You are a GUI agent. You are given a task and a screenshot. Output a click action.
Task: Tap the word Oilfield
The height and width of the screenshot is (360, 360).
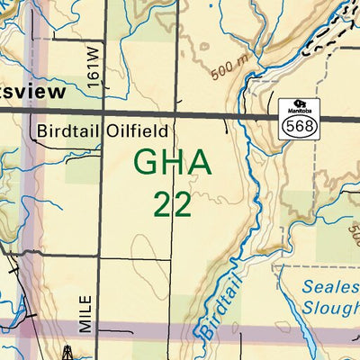pos(135,130)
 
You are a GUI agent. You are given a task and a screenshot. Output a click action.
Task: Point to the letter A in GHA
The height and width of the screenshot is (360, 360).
pos(199,163)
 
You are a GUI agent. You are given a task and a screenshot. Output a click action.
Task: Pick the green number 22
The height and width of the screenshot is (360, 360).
pos(172,203)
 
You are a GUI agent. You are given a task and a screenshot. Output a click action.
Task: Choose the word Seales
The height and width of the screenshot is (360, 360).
pos(330,287)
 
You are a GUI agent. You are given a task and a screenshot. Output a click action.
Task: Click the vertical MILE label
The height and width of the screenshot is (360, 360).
pos(85,314)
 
